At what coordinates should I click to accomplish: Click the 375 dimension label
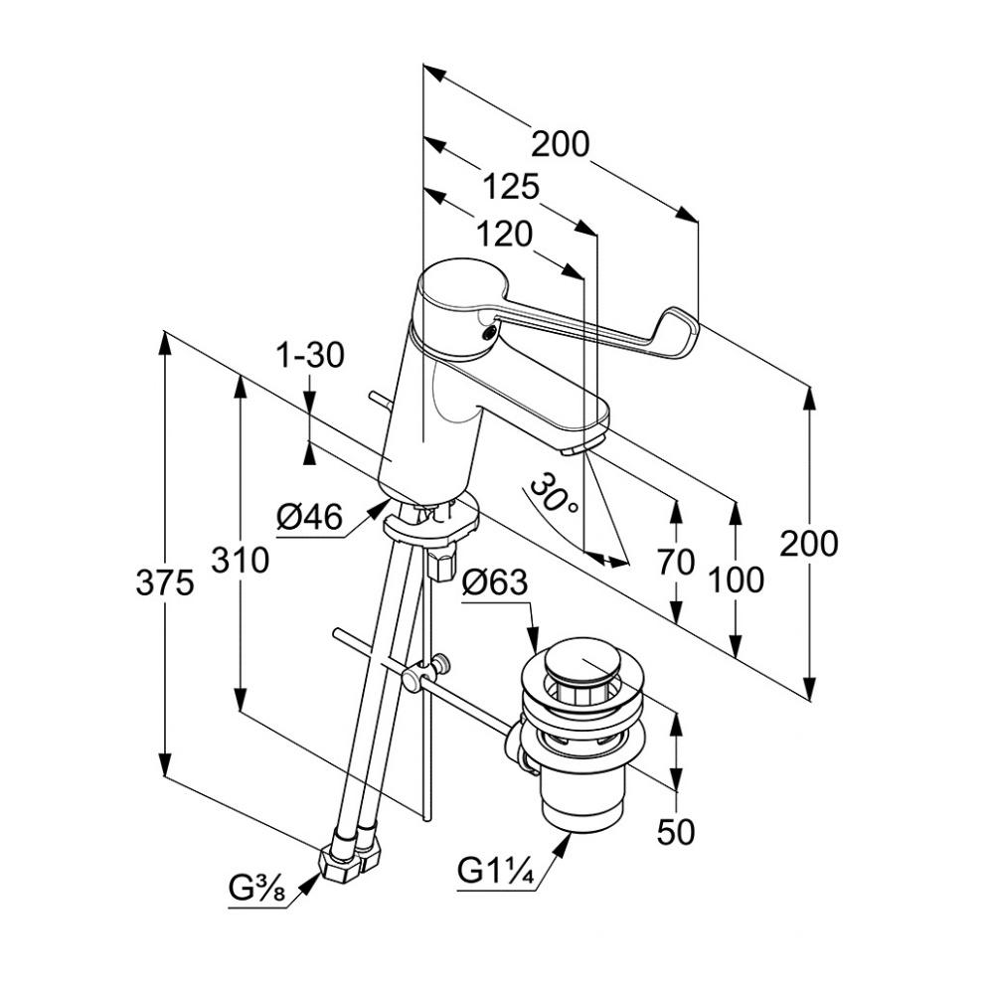tap(164, 583)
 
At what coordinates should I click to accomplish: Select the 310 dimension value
tap(240, 561)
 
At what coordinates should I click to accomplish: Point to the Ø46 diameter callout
tap(309, 517)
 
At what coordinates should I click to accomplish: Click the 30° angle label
tap(554, 494)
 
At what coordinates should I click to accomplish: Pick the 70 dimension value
tap(676, 563)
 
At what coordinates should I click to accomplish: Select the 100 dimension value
tap(737, 579)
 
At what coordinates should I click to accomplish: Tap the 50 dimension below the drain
tap(676, 831)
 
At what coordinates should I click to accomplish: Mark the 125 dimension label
tap(511, 186)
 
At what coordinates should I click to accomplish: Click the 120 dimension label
tap(504, 234)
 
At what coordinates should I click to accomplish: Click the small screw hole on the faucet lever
tap(485, 334)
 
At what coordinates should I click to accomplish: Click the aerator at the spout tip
tap(575, 450)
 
